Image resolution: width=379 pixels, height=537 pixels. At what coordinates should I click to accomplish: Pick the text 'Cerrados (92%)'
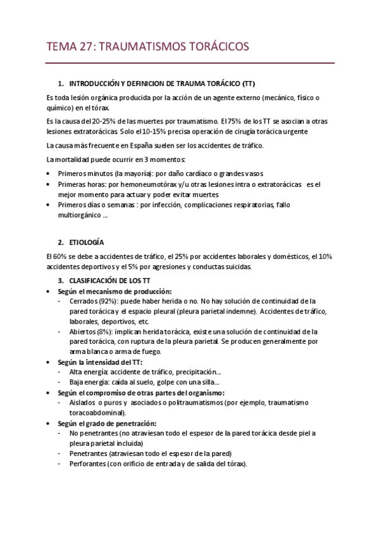tap(96, 301)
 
